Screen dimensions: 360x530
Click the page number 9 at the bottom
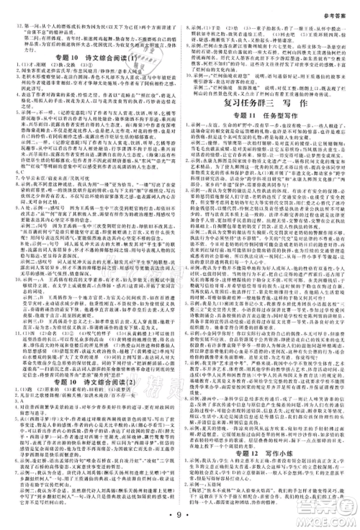(x=180, y=515)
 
